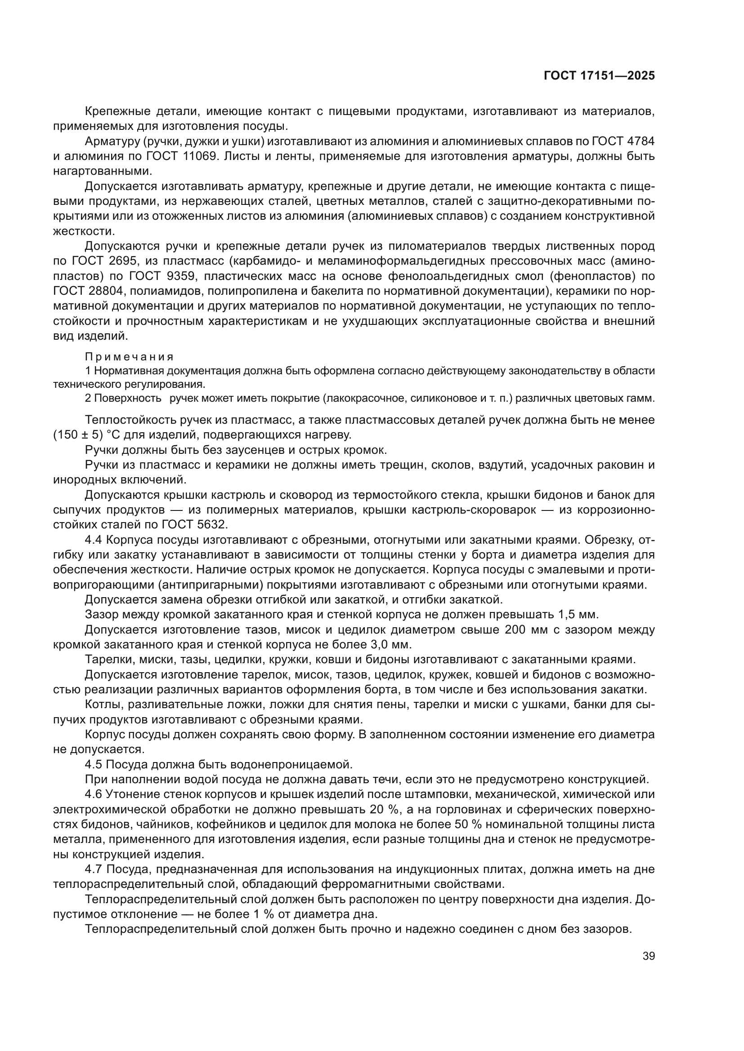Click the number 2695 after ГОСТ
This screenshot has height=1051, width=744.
tap(121, 261)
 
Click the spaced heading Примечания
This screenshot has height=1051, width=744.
tap(129, 357)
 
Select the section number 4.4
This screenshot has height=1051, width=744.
tap(94, 540)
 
